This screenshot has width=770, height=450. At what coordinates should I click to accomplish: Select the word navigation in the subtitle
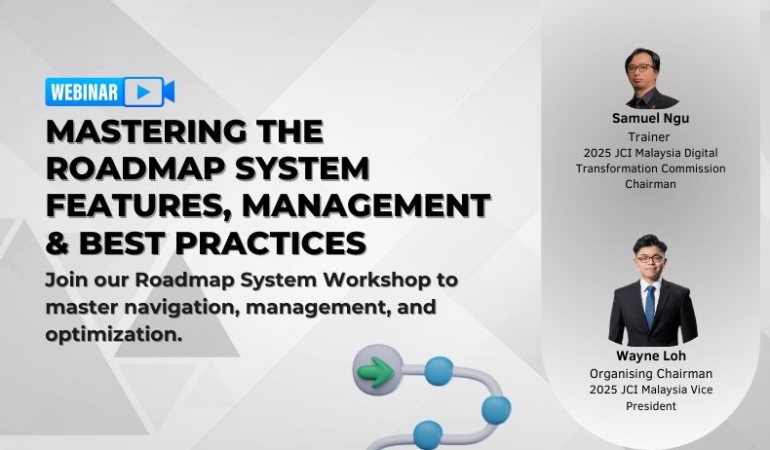coord(175,307)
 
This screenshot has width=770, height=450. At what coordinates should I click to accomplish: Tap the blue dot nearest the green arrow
coord(439,369)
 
